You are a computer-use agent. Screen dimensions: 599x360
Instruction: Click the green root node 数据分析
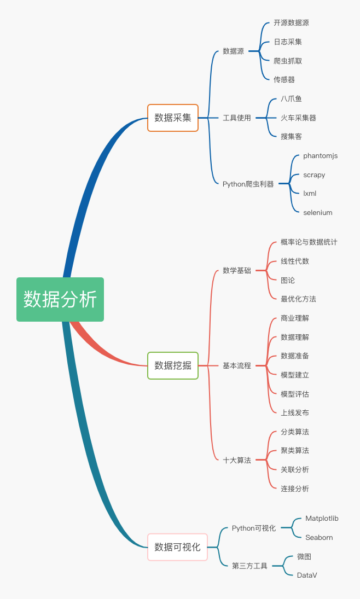click(60, 299)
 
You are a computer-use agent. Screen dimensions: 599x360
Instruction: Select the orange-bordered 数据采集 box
click(173, 118)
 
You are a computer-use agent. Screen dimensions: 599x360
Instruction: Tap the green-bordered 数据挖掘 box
click(173, 365)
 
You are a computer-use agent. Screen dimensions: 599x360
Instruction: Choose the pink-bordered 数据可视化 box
click(177, 547)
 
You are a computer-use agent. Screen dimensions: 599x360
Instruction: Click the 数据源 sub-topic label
click(233, 51)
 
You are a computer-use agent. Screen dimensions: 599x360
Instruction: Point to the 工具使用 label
click(236, 118)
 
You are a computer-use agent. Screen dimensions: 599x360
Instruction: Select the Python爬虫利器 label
click(248, 184)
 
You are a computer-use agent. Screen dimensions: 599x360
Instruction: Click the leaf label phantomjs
click(320, 156)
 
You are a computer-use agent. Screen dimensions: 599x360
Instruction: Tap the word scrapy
click(314, 175)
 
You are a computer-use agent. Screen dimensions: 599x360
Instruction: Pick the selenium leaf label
click(317, 213)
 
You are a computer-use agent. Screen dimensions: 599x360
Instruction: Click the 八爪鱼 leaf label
click(291, 99)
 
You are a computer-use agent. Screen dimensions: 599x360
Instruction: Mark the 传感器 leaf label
click(284, 80)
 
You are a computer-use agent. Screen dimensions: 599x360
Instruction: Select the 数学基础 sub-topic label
click(236, 270)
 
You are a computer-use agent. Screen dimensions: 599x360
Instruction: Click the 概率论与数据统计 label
click(309, 242)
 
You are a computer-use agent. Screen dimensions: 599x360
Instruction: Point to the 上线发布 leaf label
click(294, 413)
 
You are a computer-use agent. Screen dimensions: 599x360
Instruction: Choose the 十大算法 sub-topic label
click(236, 461)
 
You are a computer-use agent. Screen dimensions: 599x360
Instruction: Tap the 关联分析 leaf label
click(294, 470)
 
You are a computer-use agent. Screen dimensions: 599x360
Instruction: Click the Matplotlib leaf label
click(322, 519)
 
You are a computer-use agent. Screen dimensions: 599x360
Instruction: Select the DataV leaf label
click(306, 575)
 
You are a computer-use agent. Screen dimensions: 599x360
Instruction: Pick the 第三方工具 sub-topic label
click(249, 566)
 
